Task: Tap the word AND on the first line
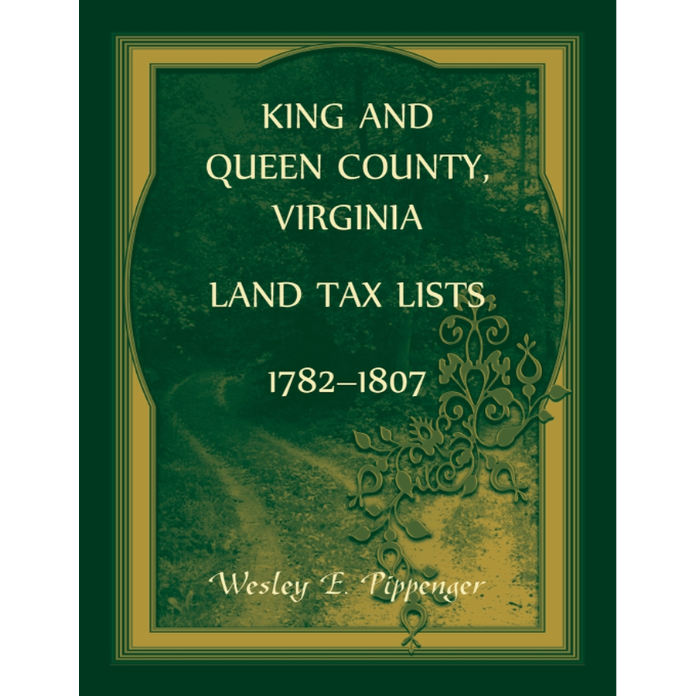pos(394,118)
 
